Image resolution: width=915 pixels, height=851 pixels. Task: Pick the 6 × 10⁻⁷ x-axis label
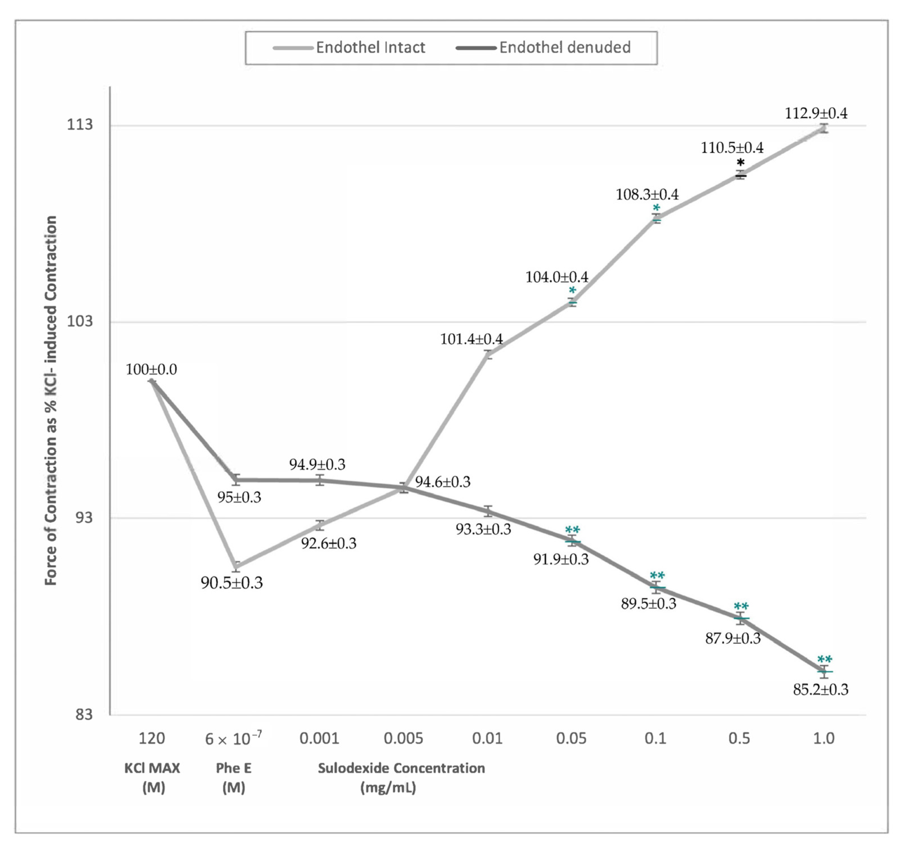tap(233, 739)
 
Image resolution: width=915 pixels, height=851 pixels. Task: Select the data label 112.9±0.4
tap(816, 113)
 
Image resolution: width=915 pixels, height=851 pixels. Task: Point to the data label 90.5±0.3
tap(232, 583)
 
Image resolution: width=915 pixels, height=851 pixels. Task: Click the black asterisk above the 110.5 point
tap(740, 162)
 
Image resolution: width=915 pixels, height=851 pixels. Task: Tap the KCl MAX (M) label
tap(152, 777)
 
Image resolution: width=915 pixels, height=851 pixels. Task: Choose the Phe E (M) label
tap(233, 777)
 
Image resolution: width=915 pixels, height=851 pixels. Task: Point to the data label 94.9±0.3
tap(317, 464)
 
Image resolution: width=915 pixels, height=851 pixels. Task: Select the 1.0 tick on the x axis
tap(824, 739)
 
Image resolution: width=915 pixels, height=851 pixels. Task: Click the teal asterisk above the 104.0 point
tap(572, 291)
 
